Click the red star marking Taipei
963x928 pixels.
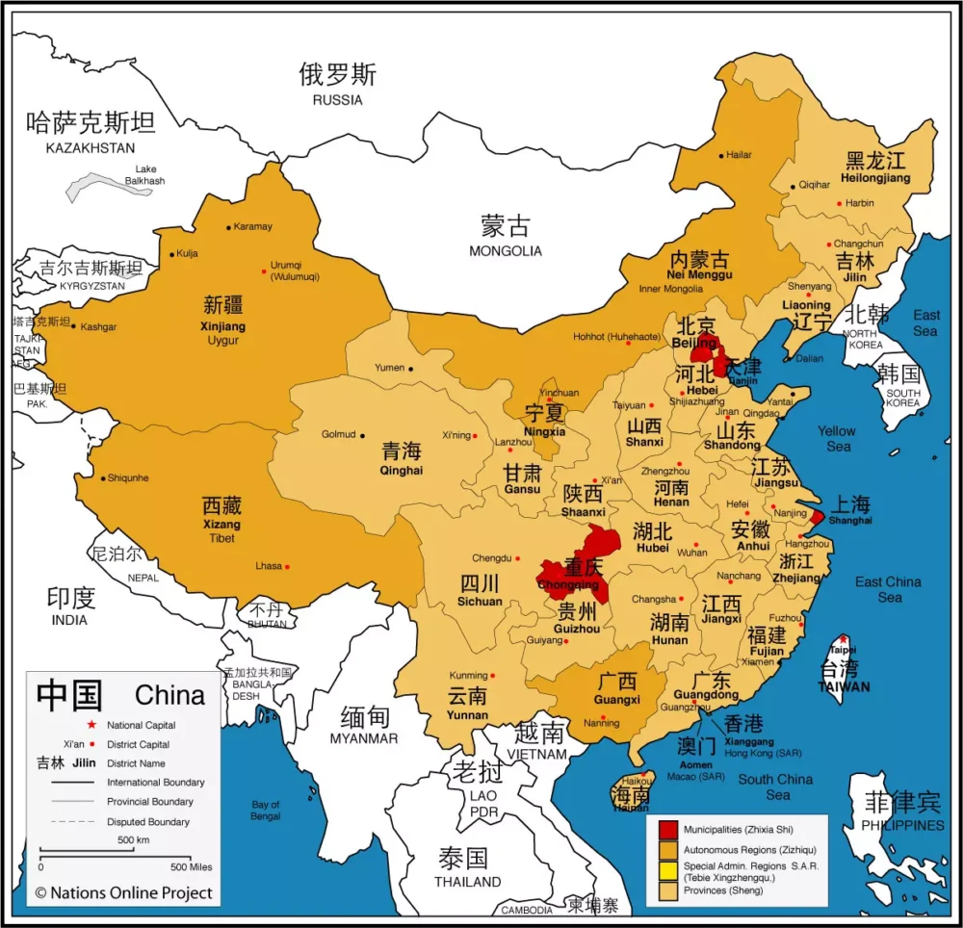(x=844, y=639)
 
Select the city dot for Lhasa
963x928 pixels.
(x=287, y=566)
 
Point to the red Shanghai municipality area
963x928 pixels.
(x=817, y=517)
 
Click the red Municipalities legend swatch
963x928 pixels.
(x=668, y=829)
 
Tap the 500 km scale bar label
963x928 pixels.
(x=132, y=840)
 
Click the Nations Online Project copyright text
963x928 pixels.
(x=123, y=892)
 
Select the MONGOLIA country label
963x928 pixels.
(x=506, y=251)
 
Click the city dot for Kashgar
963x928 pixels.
(x=73, y=325)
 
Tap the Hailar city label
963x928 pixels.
(x=739, y=154)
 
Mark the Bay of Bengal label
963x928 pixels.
(x=266, y=811)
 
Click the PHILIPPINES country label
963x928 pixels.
(x=902, y=826)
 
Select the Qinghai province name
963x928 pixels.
(x=401, y=471)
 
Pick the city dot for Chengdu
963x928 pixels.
(x=517, y=558)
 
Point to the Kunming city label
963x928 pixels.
(x=468, y=675)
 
